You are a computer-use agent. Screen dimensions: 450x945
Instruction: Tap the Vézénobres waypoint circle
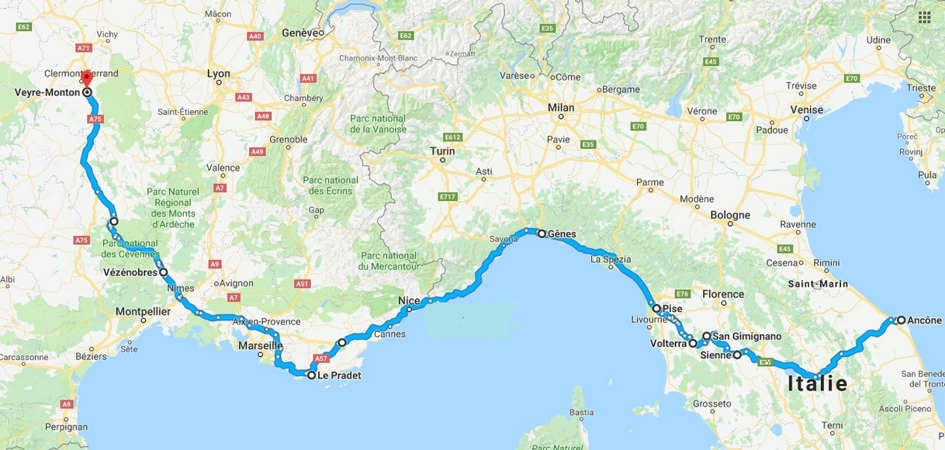164,272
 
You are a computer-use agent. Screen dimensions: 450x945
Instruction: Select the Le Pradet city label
339,376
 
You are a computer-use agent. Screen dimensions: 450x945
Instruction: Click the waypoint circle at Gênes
542,233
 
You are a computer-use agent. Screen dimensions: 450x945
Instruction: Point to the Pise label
672,309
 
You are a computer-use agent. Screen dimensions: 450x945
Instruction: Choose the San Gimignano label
746,337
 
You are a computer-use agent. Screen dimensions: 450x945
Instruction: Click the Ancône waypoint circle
902,320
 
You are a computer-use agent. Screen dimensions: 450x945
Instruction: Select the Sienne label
715,355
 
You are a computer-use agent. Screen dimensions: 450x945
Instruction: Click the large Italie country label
818,383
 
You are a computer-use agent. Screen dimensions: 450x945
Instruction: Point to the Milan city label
561,108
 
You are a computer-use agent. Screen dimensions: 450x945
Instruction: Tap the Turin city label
442,151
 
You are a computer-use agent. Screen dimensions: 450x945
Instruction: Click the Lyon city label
219,74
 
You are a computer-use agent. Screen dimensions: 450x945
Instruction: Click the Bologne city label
729,215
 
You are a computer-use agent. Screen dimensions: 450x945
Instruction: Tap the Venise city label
807,109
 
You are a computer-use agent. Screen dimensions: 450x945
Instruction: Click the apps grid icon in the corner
924,17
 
